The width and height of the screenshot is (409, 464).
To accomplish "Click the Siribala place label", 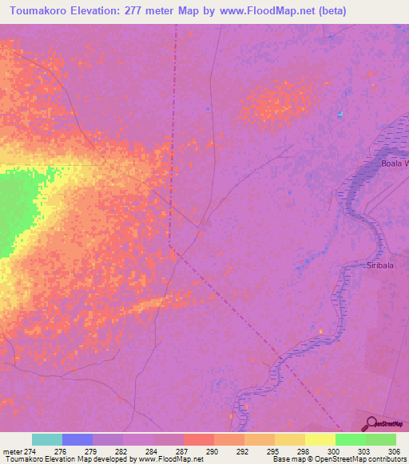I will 381,265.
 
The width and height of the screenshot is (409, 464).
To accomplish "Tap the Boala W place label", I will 394,163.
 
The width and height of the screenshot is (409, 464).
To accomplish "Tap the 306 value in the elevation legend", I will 395,451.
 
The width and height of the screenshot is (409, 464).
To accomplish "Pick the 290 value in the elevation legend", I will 213,451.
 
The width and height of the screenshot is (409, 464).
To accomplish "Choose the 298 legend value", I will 304,451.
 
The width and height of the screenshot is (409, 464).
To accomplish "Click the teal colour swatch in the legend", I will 47,439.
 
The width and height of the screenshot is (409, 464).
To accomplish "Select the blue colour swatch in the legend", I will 77,439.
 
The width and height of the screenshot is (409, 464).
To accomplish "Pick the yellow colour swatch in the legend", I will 320,439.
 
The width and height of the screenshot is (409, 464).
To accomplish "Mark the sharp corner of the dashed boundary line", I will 170,236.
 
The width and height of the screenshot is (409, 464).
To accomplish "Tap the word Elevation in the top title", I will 101,10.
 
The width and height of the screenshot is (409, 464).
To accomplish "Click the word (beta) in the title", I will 331,10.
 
